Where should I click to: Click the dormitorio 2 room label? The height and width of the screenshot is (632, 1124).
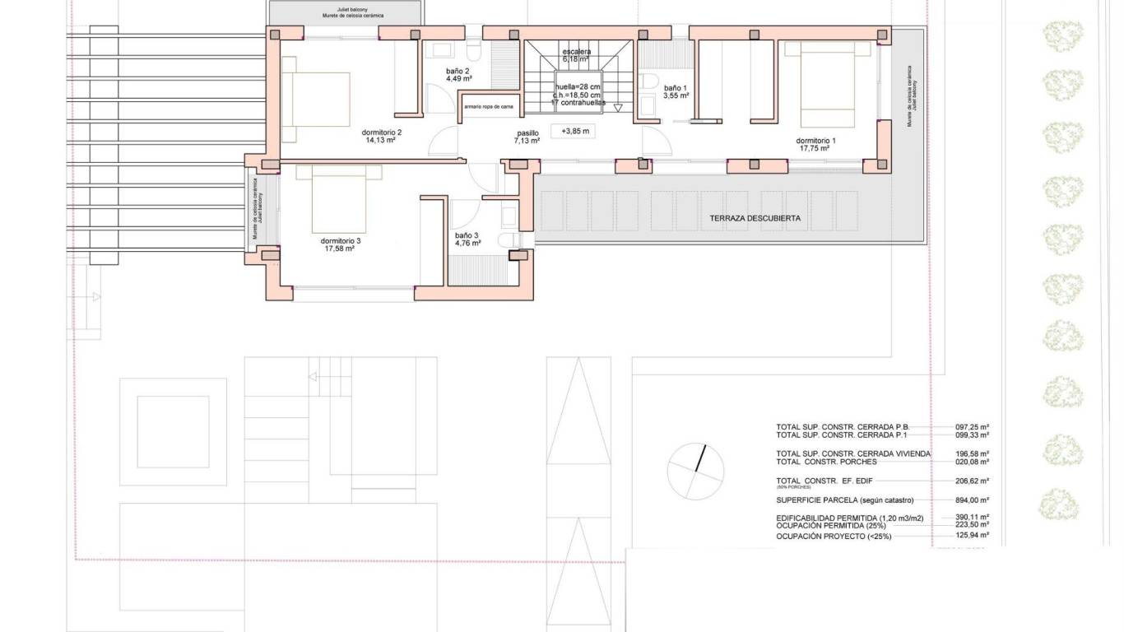coord(381,132)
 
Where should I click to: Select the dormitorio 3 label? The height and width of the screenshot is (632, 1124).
coord(341,240)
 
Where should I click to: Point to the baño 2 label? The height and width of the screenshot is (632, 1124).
coord(457,72)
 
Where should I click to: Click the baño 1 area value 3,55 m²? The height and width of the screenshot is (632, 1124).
coord(676,95)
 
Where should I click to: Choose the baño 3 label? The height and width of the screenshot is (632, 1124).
coord(467,235)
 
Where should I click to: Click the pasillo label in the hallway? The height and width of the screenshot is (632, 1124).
coord(527,132)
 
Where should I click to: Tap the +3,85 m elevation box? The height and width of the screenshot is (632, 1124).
coord(575,131)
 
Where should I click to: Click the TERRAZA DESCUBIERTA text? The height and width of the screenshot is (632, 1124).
coord(755,219)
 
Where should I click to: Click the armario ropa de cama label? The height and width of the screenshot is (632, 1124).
coord(489,106)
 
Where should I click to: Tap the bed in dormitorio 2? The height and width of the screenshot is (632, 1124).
coord(317,99)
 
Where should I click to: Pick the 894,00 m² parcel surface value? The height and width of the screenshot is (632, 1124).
coord(971,500)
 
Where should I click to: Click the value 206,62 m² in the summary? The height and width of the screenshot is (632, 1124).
coord(971,481)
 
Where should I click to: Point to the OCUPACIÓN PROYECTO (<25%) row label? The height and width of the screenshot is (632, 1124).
coord(833,537)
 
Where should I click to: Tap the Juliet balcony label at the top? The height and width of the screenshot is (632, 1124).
coord(346,9)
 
